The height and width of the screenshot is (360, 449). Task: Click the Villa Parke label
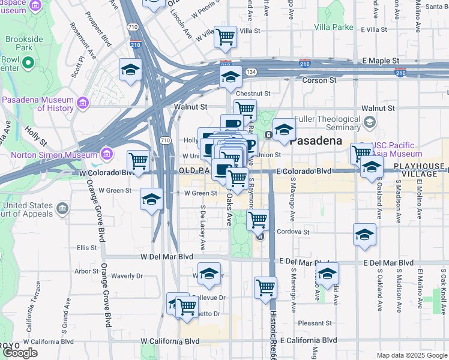tap(333, 27)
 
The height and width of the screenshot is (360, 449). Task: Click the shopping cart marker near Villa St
tap(225, 37)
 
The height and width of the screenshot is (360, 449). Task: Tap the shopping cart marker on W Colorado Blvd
tap(139, 162)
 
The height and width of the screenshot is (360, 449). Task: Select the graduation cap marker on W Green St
tap(152, 199)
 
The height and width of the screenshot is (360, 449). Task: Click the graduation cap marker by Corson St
tap(230, 77)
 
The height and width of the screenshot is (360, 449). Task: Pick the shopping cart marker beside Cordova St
tap(258, 220)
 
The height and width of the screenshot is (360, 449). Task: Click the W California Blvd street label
tap(170, 341)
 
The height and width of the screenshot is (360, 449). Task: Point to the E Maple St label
tap(381, 61)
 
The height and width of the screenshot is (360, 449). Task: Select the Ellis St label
tap(86, 247)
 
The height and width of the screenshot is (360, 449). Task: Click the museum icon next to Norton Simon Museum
tap(107, 154)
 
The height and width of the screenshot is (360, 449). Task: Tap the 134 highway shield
tap(250, 72)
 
